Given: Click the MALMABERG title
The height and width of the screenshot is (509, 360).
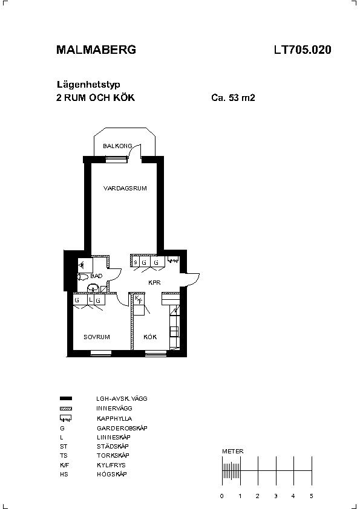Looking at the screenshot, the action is pyautogui.click(x=96, y=50).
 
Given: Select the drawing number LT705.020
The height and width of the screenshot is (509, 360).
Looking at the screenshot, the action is pyautogui.click(x=303, y=50).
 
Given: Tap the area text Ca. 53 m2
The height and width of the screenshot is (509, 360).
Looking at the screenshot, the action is pyautogui.click(x=233, y=97).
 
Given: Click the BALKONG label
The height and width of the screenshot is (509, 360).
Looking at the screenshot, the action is pyautogui.click(x=117, y=146).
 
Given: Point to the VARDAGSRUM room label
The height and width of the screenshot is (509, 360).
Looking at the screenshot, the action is pyautogui.click(x=125, y=188).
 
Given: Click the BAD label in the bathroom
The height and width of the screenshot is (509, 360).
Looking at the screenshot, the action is pyautogui.click(x=96, y=276).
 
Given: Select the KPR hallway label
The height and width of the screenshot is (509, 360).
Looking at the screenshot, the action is pyautogui.click(x=154, y=283).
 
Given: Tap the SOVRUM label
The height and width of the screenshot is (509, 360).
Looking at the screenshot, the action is pyautogui.click(x=96, y=337).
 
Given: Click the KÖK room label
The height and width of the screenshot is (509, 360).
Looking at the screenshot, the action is pyautogui.click(x=150, y=337).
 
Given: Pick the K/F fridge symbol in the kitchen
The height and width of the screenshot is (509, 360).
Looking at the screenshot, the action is pyautogui.click(x=139, y=300).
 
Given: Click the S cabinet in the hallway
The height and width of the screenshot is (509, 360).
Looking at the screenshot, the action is pyautogui.click(x=136, y=262).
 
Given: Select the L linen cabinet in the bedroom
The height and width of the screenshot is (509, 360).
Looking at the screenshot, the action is pyautogui.click(x=91, y=300).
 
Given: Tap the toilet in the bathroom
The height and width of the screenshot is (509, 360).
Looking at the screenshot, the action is pyautogui.click(x=83, y=277).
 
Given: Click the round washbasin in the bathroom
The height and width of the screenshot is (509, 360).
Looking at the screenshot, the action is pyautogui.click(x=93, y=288).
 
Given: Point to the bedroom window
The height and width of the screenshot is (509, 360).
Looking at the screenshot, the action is pyautogui.click(x=100, y=353).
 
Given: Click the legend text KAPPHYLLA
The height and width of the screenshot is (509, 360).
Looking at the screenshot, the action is pyautogui.click(x=114, y=418).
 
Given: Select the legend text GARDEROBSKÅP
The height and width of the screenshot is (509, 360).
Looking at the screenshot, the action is pyautogui.click(x=122, y=428).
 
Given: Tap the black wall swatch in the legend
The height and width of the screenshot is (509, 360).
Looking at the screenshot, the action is pyautogui.click(x=66, y=398).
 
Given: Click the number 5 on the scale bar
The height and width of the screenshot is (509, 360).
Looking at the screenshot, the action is pyautogui.click(x=311, y=496).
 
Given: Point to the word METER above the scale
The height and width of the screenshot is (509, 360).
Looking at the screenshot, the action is pyautogui.click(x=232, y=451).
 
